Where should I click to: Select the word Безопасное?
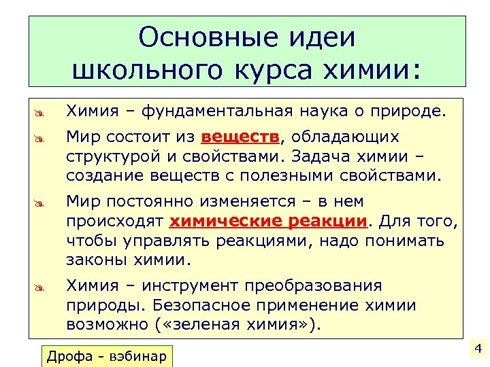pyautogui.click(x=214, y=304)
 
